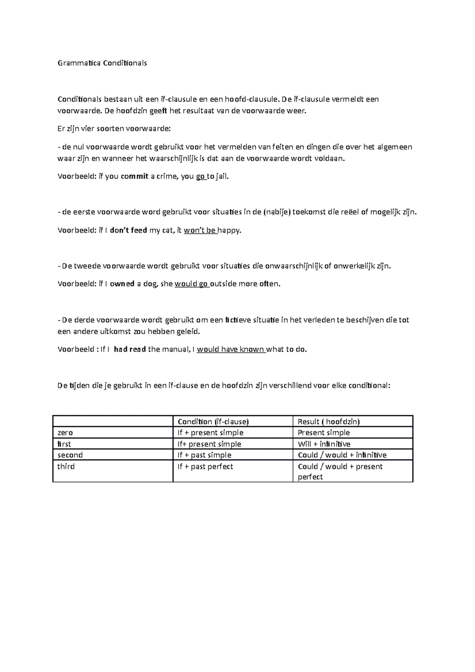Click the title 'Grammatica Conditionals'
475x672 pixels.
coord(102,63)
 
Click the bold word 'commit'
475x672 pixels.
coord(134,177)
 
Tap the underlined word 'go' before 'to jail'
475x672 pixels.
coord(200,177)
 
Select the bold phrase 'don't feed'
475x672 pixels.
coord(128,230)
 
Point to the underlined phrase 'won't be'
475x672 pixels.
coord(200,230)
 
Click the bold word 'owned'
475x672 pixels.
coord(122,284)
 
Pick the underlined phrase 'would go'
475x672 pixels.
coord(192,284)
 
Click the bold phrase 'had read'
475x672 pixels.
coord(130,349)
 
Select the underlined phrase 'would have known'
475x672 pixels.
coord(231,349)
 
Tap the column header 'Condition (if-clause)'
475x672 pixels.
coord(213,421)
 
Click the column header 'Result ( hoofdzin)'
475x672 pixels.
coord(329,421)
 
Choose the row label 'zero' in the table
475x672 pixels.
coord(65,433)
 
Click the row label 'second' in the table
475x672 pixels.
coord(70,455)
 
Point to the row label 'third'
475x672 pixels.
coord(66,467)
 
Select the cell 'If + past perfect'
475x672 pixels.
coord(205,467)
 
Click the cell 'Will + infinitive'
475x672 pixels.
coord(324,444)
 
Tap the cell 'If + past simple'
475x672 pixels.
coord(204,455)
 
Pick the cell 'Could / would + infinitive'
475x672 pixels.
coord(342,455)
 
